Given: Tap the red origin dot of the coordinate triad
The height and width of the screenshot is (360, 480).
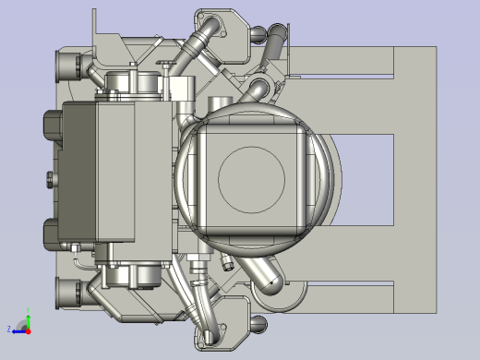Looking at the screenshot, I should pyautogui.click(x=28, y=329).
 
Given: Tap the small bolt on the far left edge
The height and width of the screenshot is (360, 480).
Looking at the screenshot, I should pyautogui.click(x=45, y=178).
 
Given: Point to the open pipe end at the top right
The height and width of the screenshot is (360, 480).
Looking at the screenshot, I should pyautogui.click(x=276, y=37).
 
